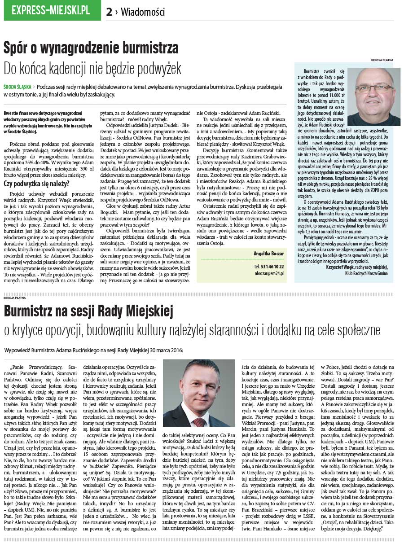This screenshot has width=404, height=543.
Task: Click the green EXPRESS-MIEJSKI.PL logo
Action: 52,11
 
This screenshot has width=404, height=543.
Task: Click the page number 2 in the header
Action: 109,12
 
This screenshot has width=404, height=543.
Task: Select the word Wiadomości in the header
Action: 143,12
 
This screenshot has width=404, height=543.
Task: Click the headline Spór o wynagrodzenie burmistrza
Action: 91,48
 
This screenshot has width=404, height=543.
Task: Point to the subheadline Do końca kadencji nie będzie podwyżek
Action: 92,68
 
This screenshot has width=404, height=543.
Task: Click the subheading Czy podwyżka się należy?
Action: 36,183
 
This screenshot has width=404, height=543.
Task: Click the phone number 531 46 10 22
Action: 269,266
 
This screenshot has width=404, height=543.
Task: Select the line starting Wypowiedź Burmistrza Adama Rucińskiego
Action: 93,350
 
